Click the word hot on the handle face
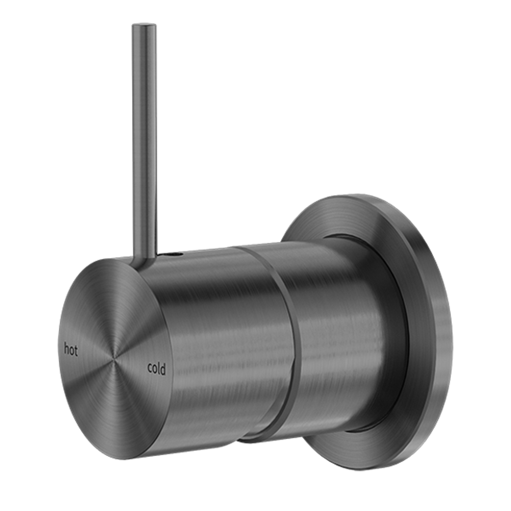[70, 350]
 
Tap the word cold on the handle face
[157, 368]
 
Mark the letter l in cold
[159, 368]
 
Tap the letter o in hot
[71, 351]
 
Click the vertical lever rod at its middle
[144, 142]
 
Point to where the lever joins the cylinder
[144, 258]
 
